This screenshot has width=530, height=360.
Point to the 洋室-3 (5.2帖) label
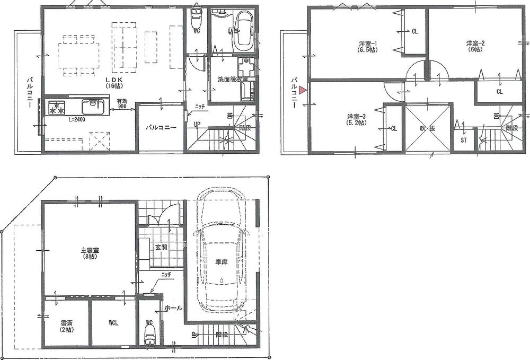(x=355, y=119)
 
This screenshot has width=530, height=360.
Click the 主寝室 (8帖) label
(x=88, y=253)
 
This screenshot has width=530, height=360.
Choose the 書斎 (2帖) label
(x=66, y=325)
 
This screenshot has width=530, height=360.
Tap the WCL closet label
(x=114, y=322)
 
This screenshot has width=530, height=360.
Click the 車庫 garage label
(x=221, y=262)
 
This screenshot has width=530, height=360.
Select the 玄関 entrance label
(x=161, y=248)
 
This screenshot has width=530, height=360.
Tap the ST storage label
(x=464, y=141)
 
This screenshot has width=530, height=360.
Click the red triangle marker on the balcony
(x=302, y=90)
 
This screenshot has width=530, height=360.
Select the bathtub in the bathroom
(x=244, y=29)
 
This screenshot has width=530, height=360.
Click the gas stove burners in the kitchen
(x=57, y=109)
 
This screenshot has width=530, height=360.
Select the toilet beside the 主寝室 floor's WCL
(x=149, y=333)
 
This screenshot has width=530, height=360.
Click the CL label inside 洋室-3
(x=393, y=128)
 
